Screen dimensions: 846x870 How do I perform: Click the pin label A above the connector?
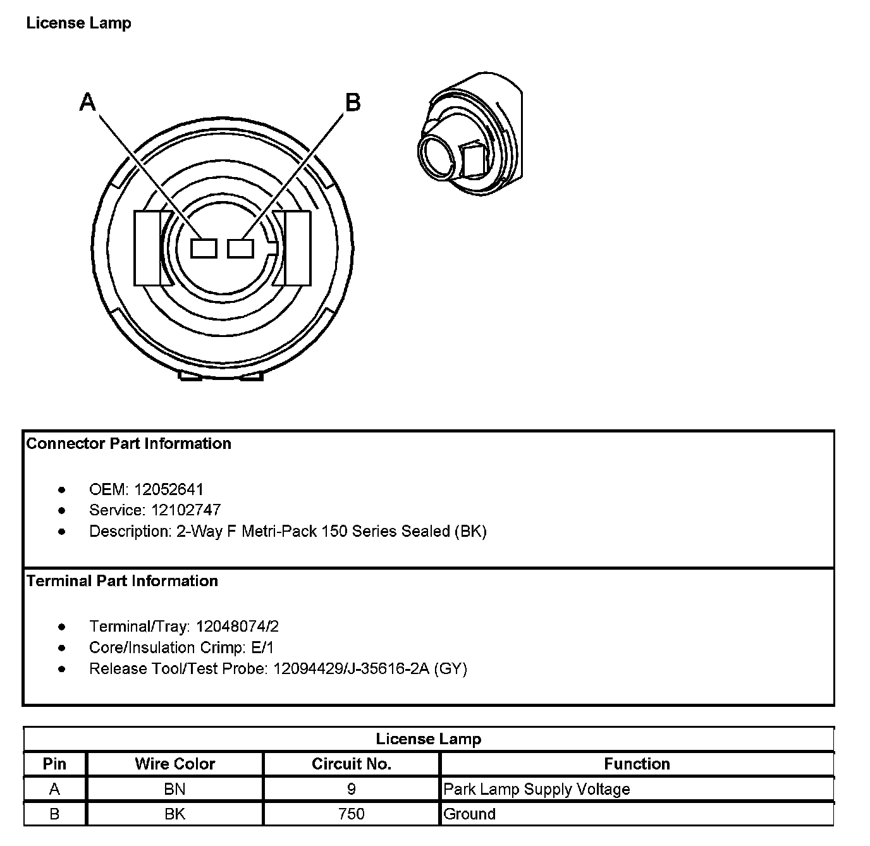pos(88,102)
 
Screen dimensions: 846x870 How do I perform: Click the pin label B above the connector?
pos(352,102)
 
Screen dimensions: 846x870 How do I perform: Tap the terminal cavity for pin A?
pos(204,248)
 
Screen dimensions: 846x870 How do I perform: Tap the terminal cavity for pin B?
pos(240,248)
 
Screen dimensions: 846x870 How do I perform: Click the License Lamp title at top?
pos(78,23)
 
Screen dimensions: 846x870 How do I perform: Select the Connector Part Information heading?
pos(128,444)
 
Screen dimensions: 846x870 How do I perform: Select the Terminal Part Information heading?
pos(122,581)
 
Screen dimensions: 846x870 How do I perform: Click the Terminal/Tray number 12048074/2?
pos(237,627)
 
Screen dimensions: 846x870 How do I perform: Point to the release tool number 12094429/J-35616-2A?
pos(351,668)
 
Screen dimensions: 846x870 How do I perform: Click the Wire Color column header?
pos(175,764)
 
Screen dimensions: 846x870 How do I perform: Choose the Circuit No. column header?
pos(352,764)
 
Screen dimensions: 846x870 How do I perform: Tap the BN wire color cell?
pos(175,789)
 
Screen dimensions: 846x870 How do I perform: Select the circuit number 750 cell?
pos(352,814)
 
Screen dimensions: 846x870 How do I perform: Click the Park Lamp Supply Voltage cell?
pos(537,789)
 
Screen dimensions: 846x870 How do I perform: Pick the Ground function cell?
pos(469,814)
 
